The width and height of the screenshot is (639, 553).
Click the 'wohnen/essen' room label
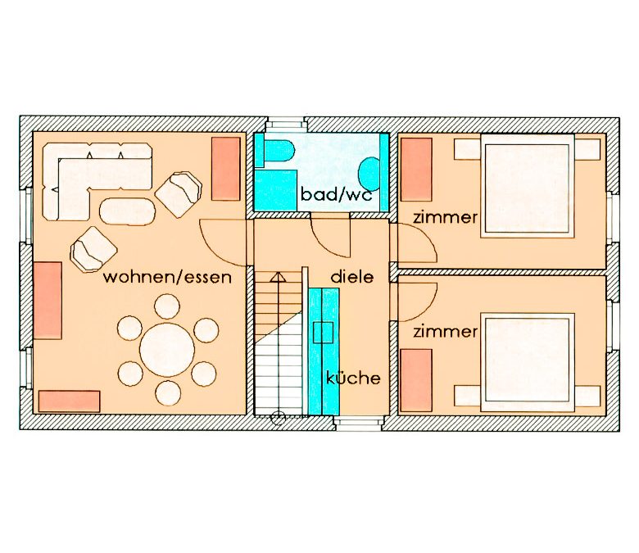coord(167,277)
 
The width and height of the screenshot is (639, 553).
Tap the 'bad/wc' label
coord(337,194)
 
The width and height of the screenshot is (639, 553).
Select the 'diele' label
coord(352,277)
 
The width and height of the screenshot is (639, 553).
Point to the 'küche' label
coord(353,378)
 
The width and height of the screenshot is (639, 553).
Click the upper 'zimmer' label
coord(445,217)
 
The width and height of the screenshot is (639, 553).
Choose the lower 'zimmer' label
coord(445,331)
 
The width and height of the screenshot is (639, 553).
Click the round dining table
coord(167,350)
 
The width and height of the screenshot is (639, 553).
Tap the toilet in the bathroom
coord(279,152)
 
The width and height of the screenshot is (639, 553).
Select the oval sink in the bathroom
coord(369,174)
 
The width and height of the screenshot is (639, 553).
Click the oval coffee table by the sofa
coord(128,211)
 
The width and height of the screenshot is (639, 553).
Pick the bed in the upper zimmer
coord(528,186)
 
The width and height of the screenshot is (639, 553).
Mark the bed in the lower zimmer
coord(528,362)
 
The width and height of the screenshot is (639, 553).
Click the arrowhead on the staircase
coord(278,277)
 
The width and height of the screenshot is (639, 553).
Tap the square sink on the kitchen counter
coord(323,332)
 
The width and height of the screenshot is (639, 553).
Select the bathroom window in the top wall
coord(285,125)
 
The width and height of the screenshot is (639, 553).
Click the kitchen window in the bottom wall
coord(359,423)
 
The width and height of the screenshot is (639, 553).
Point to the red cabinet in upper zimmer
coord(416,170)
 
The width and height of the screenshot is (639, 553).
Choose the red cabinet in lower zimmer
coord(416,380)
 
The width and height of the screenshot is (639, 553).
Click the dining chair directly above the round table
coord(167,306)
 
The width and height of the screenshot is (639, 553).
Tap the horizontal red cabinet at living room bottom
coord(70,401)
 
